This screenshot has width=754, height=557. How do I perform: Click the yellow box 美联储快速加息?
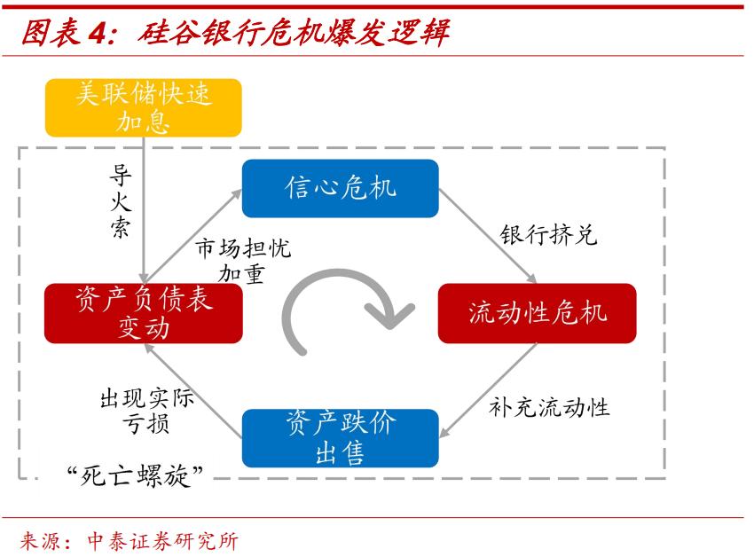pos(143,107)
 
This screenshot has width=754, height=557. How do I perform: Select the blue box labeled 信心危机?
pos(341,188)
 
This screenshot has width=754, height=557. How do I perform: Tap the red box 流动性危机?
pos(537,313)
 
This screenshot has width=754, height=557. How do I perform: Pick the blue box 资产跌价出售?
pos(341,438)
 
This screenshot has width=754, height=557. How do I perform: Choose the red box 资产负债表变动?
pos(143,313)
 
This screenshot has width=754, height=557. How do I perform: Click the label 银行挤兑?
pos(548,235)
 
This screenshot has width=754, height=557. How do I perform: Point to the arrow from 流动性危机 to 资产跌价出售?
pos(488,390)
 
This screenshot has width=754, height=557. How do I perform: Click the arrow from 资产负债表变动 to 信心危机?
pos(192,235)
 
